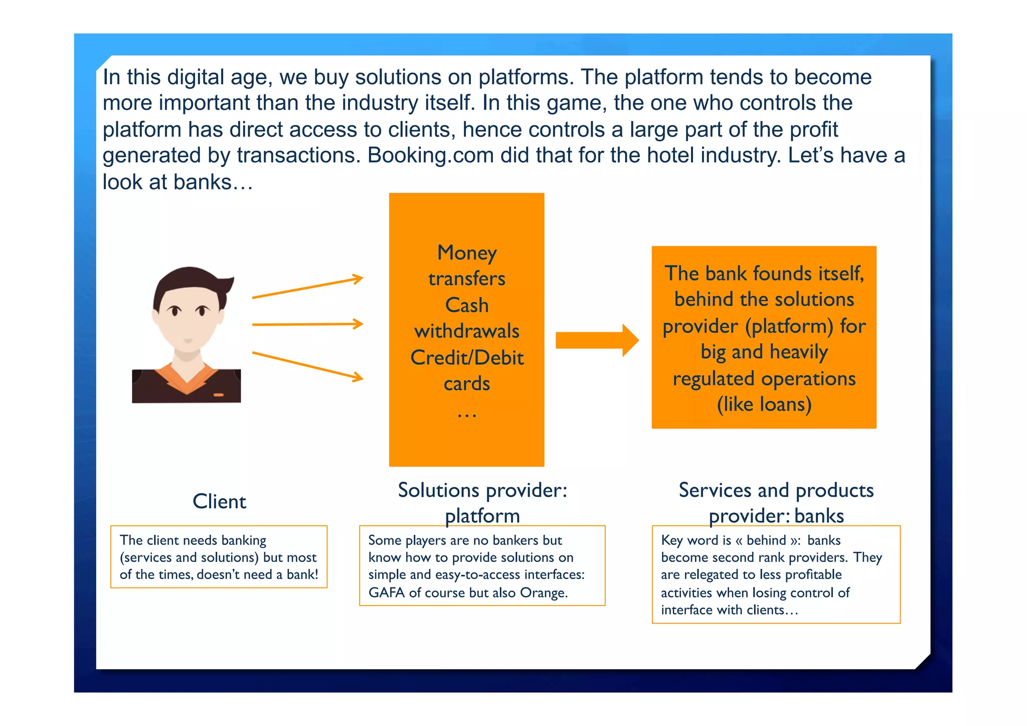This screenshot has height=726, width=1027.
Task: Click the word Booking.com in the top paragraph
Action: (x=431, y=156)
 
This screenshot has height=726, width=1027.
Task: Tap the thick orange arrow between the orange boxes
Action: (x=597, y=340)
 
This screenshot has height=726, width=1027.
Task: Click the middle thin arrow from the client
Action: (x=307, y=325)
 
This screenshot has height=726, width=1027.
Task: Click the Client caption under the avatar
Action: (x=219, y=501)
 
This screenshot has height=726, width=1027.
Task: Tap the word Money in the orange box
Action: (x=467, y=253)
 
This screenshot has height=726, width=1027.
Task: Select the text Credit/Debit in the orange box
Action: (x=467, y=358)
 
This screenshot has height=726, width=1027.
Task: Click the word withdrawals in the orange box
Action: (x=467, y=331)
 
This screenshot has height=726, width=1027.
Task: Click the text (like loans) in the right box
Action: (x=764, y=404)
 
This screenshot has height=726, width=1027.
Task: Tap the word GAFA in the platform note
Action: (x=386, y=593)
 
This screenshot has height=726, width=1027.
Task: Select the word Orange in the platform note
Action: (x=543, y=593)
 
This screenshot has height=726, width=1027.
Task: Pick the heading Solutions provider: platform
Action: (x=482, y=502)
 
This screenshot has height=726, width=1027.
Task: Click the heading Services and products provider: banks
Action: (x=776, y=502)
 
